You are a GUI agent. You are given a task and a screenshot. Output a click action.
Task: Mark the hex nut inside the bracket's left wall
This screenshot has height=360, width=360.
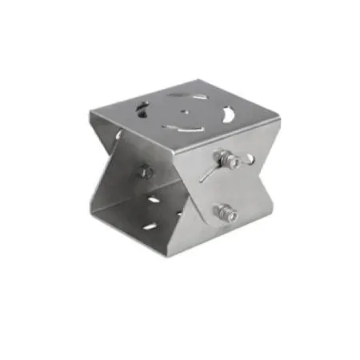click(x=144, y=171)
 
